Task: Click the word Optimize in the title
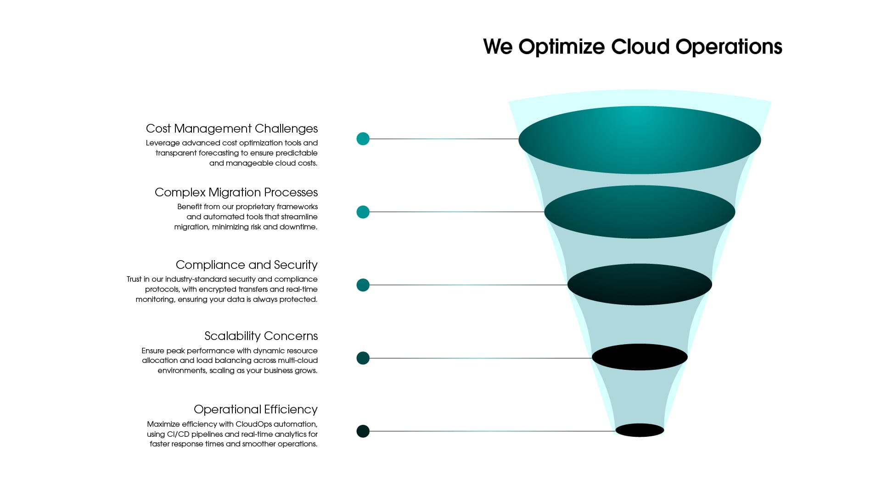click(x=562, y=47)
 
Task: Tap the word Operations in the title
click(x=729, y=47)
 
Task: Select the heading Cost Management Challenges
click(x=231, y=128)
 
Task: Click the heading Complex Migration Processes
click(x=236, y=192)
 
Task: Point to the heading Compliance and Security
click(x=247, y=265)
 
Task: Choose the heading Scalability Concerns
click(x=261, y=336)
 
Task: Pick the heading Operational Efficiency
click(x=255, y=409)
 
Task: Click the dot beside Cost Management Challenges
click(x=363, y=139)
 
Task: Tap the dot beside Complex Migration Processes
click(x=363, y=212)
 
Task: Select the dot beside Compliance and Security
click(x=363, y=285)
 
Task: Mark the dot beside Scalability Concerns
click(x=363, y=358)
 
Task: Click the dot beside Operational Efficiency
click(x=363, y=431)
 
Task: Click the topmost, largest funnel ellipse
click(x=640, y=140)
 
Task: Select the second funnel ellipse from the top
click(x=640, y=212)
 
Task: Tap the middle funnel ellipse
click(x=640, y=284)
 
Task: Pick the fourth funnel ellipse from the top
click(x=640, y=357)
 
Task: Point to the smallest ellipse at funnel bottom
click(x=640, y=430)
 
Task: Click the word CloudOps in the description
click(x=254, y=424)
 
